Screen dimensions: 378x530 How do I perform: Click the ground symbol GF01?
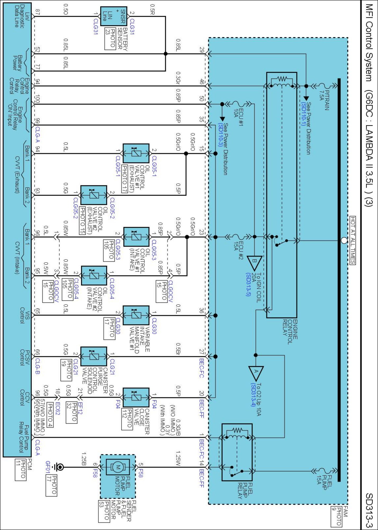click(x=58, y=467)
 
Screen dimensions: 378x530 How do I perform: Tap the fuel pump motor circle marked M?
click(x=118, y=467)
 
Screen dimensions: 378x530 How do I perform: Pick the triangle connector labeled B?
click(x=254, y=263)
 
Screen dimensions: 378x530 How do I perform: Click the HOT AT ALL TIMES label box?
click(x=353, y=240)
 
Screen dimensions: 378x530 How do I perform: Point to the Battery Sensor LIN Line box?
click(x=114, y=16)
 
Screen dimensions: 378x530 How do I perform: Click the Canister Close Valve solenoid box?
click(x=136, y=397)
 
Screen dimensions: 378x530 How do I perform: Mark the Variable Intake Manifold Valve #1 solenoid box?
click(x=136, y=315)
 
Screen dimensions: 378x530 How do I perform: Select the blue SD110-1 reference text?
click(x=303, y=114)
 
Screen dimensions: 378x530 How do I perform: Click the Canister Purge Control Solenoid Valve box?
click(x=94, y=356)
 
